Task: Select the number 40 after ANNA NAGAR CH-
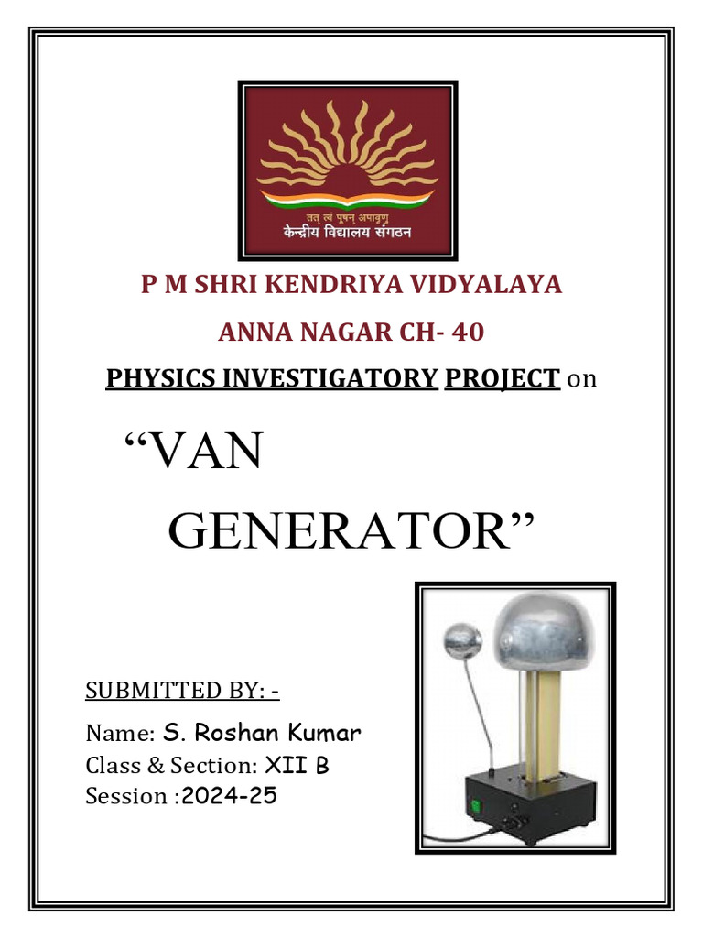click(x=468, y=332)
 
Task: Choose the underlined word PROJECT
click(x=502, y=377)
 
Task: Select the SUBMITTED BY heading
click(x=182, y=690)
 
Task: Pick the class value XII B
click(x=297, y=765)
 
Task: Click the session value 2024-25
click(x=229, y=796)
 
